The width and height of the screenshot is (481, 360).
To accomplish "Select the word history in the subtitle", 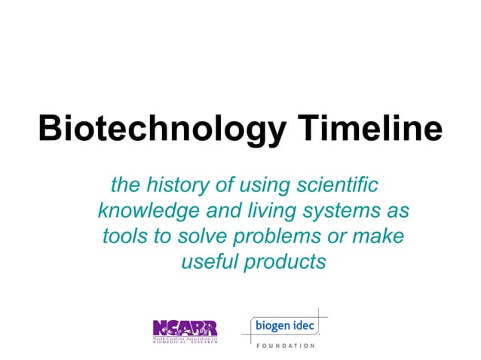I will click(174, 184).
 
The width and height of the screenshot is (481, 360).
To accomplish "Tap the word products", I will click(287, 262).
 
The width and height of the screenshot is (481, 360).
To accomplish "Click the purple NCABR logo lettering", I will click(185, 328).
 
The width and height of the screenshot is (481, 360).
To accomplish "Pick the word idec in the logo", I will click(302, 326).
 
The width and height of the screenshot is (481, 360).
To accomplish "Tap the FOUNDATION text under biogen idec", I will click(283, 346).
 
